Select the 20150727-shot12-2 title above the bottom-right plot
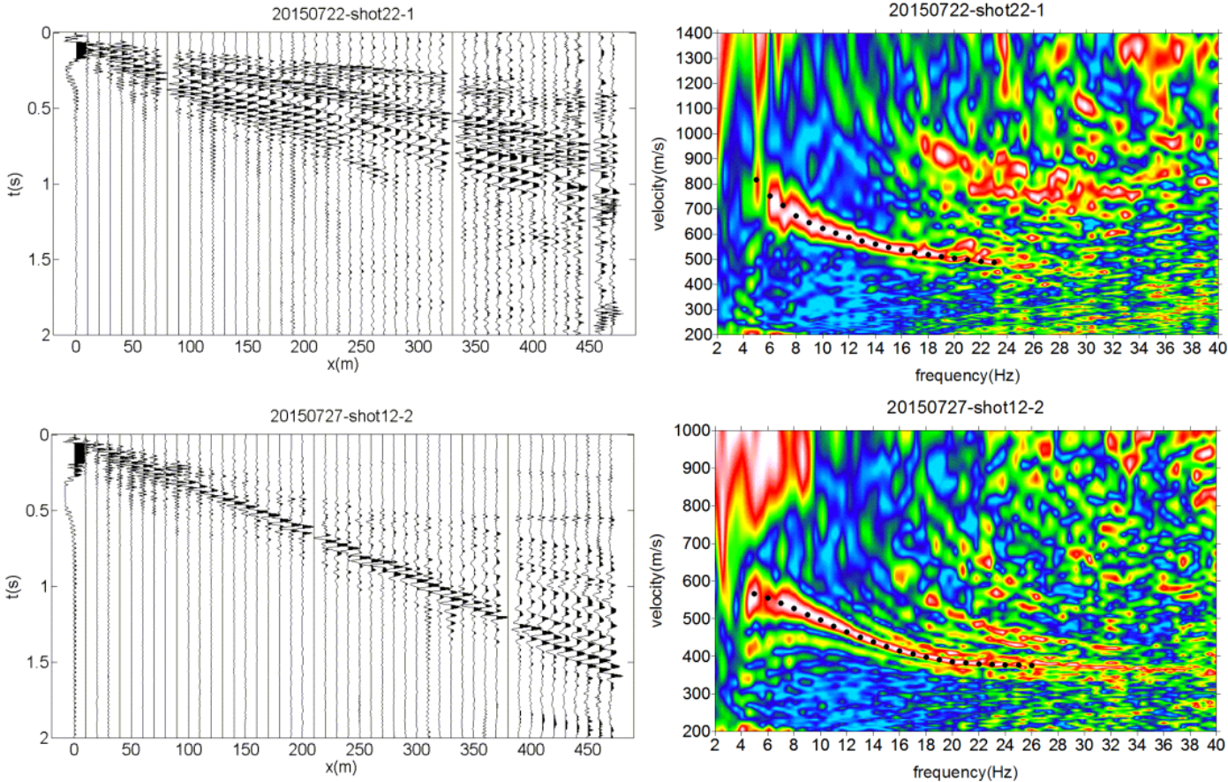(x=965, y=408)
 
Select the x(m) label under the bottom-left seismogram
(x=342, y=767)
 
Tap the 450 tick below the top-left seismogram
(x=589, y=347)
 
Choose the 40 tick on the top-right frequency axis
(x=1217, y=348)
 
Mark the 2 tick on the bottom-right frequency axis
(x=716, y=747)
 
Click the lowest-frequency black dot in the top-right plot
(x=757, y=180)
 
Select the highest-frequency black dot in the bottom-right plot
(x=1031, y=665)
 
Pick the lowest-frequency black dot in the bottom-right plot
(x=754, y=593)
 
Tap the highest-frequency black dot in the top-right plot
(x=995, y=262)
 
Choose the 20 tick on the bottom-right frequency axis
(x=953, y=747)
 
